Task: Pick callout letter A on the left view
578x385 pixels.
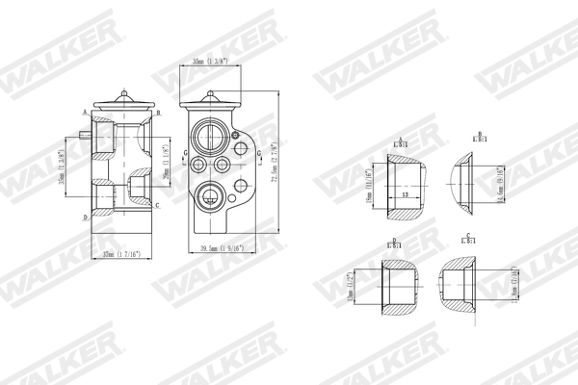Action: [x=85, y=113]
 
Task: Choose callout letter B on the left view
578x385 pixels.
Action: [x=158, y=113]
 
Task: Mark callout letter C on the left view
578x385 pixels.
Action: [x=157, y=205]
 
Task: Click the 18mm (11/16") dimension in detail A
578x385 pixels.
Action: [x=369, y=183]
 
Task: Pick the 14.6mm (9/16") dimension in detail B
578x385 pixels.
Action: [x=497, y=183]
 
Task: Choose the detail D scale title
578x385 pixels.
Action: [x=394, y=244]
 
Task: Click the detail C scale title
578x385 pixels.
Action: [x=467, y=237]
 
